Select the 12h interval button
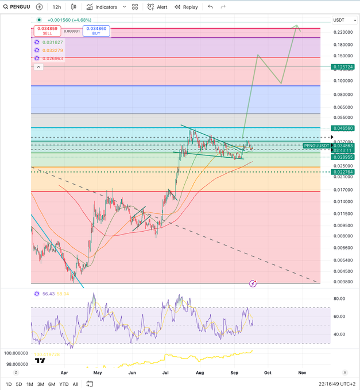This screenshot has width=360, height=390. point(56,7)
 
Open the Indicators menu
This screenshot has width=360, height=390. point(102,7)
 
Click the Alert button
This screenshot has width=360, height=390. point(157,7)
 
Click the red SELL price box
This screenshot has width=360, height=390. point(47,30)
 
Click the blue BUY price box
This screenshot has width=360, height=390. point(96,30)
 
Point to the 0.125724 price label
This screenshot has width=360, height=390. point(342,67)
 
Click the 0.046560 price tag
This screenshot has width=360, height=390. point(342,128)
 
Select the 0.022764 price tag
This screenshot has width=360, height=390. point(342,171)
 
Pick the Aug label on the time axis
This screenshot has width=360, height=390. point(200,372)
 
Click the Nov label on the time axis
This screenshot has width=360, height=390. point(302,372)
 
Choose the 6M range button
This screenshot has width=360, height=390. point(52,384)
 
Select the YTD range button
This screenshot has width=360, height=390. point(64,384)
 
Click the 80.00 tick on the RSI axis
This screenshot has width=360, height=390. point(339,299)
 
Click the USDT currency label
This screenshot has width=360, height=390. point(339,21)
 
